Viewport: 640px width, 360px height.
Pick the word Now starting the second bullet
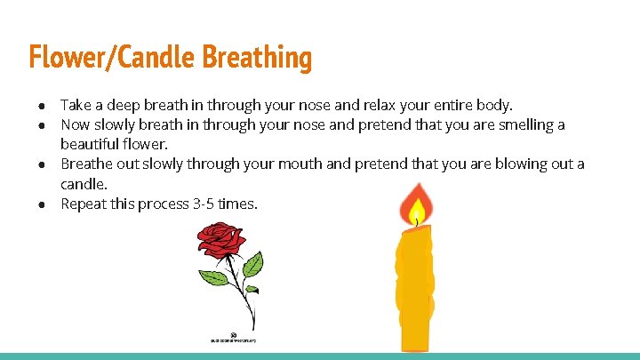point(75,125)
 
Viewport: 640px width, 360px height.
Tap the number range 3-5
point(204,204)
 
